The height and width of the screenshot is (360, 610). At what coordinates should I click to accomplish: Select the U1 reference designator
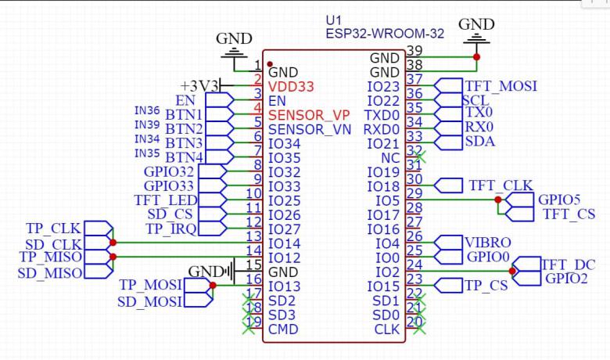334,20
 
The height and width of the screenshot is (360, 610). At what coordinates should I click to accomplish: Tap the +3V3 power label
199,85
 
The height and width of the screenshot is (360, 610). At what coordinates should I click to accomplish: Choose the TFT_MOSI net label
501,86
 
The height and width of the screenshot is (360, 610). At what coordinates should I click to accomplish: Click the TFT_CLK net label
501,185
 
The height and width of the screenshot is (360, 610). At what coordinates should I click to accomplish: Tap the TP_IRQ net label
171,229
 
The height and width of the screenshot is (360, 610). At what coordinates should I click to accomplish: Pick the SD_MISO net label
51,272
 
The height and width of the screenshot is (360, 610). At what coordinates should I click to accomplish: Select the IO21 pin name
384,143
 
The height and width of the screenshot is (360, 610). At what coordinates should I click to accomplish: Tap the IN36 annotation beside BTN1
146,111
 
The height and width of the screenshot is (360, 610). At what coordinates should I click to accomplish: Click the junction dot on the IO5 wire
497,200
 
